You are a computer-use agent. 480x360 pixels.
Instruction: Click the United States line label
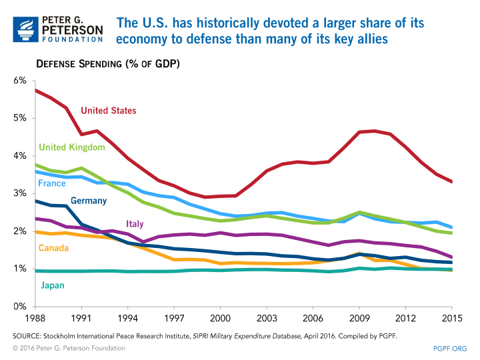coord(108,111)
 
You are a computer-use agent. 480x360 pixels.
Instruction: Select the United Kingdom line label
coord(72,147)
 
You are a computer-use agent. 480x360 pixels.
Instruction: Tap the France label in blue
coord(52,183)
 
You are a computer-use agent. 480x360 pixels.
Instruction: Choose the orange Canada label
coord(53,248)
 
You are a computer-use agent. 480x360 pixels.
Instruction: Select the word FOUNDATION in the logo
coord(73,39)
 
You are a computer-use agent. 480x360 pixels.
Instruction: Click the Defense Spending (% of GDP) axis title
coord(107,64)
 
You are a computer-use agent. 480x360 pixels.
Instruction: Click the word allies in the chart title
coord(371,39)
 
